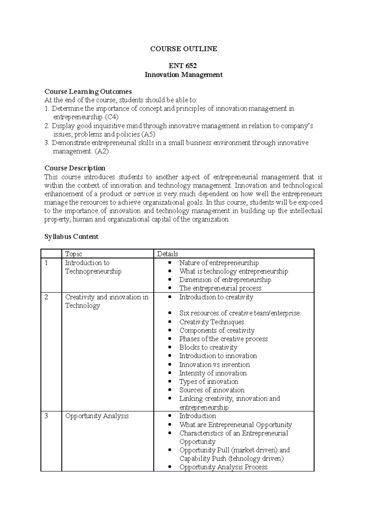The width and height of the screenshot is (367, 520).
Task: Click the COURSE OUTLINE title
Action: [183, 49]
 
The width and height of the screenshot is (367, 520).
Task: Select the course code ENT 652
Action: [183, 66]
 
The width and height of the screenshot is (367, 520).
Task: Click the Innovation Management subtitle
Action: [183, 74]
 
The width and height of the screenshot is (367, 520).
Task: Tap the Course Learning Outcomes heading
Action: [88, 92]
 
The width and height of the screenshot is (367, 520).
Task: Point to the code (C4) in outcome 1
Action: [112, 117]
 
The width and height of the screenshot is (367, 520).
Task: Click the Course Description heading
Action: [75, 168]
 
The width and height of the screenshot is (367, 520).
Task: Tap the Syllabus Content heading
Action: [71, 236]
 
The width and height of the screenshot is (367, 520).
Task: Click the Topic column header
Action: [73, 254]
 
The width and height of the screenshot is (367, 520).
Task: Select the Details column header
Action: [167, 254]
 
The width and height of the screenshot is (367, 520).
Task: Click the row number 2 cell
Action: [46, 297]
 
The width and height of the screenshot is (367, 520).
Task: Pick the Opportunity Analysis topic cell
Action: [97, 416]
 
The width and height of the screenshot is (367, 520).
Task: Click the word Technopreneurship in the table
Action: [93, 271]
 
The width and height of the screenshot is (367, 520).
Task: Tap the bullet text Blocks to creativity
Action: [208, 347]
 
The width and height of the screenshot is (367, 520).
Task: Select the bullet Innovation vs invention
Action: [214, 364]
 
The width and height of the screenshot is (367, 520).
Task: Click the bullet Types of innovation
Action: [209, 382]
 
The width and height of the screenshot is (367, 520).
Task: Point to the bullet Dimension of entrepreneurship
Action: [225, 280]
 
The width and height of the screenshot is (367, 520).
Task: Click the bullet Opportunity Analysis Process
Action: [223, 467]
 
